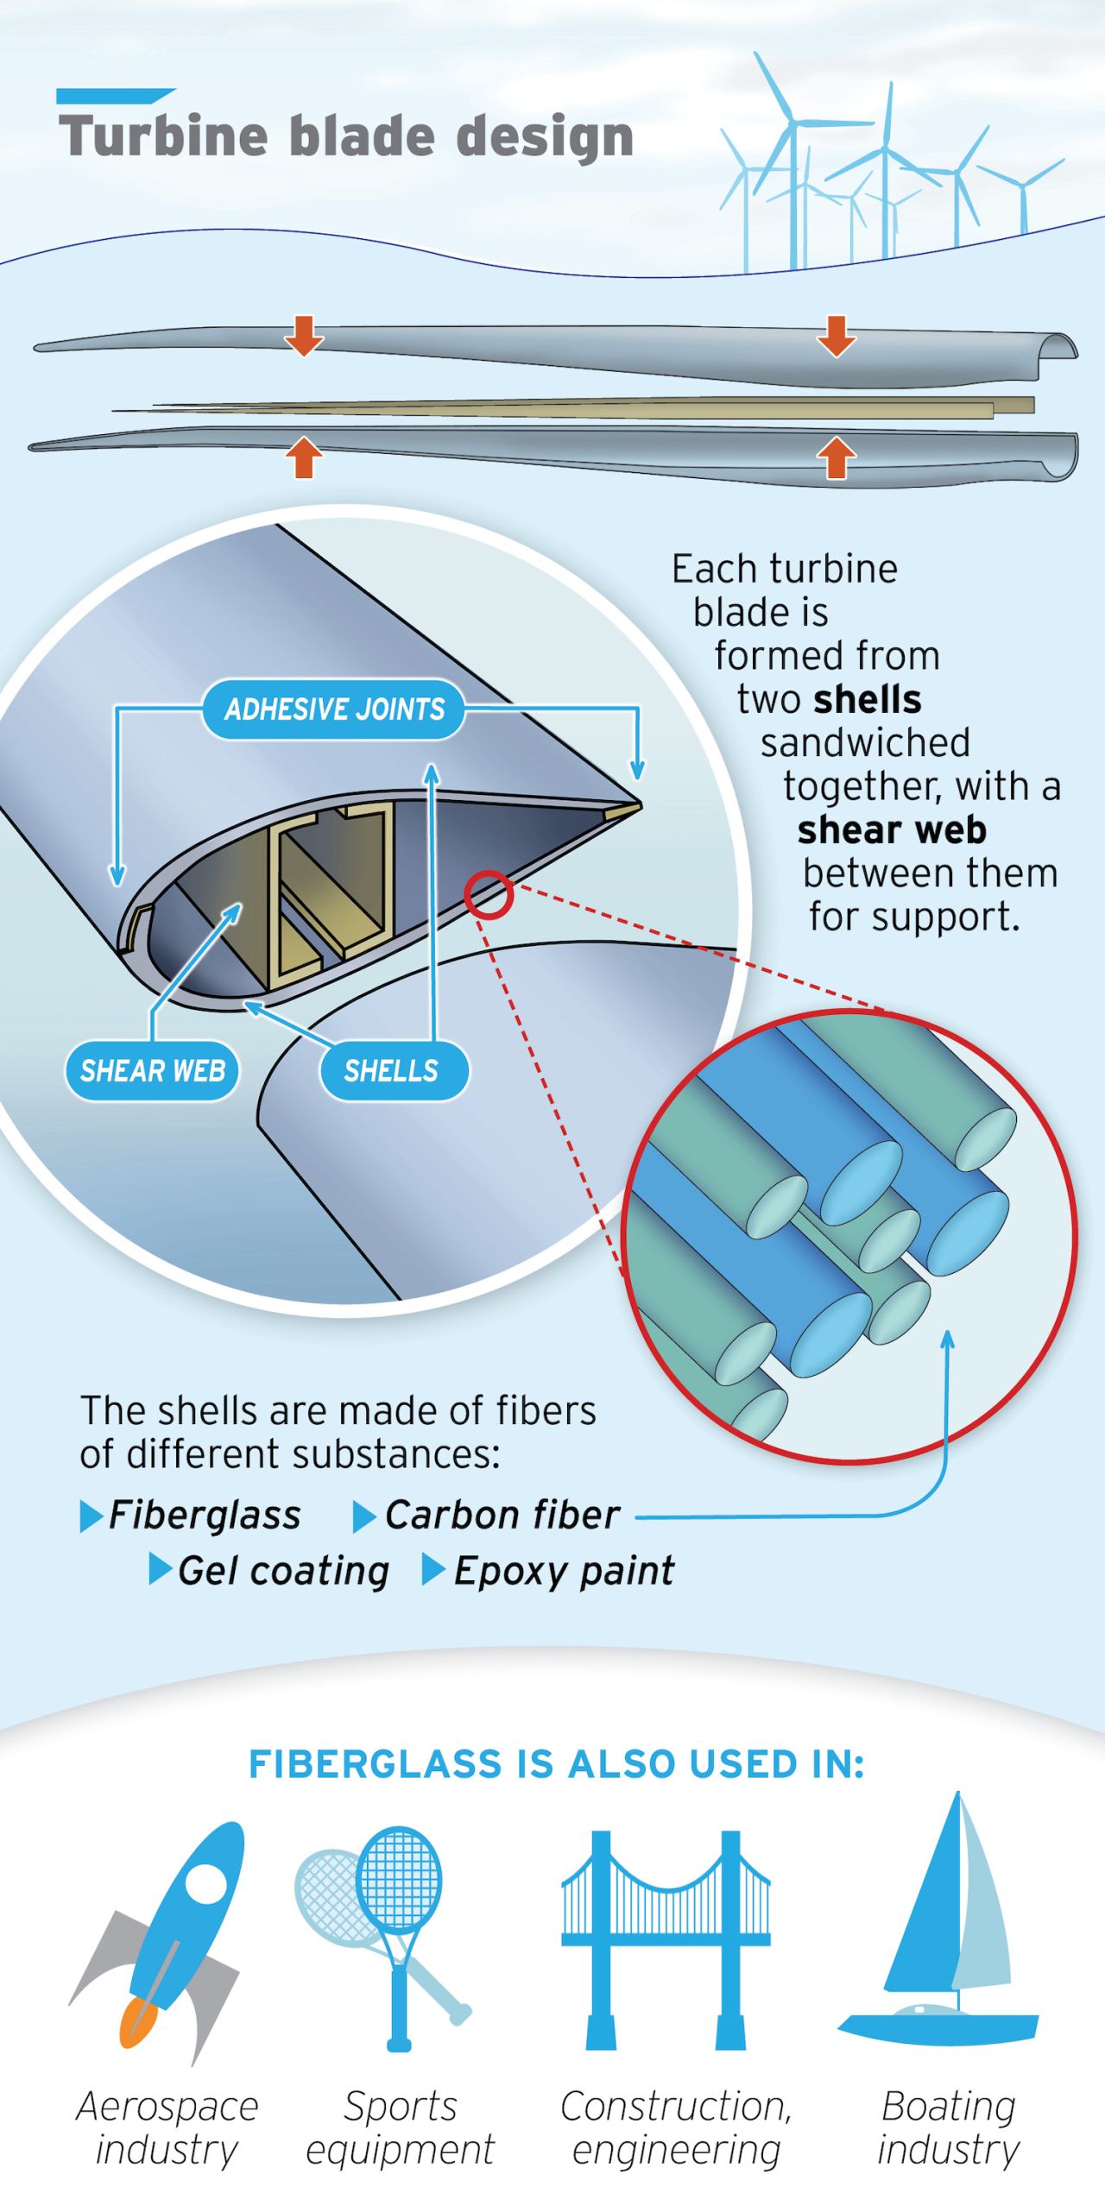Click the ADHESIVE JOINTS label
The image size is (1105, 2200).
pos(334,709)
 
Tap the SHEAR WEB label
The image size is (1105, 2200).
pos(152,1071)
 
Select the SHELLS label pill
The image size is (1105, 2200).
pos(394,1071)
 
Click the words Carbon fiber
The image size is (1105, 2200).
pos(502,1516)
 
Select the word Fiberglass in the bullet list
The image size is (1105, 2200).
pos(205,1516)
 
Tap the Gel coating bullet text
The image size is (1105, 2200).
pos(283,1571)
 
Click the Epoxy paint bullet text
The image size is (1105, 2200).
pos(564,1571)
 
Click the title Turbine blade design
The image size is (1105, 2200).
pos(346,136)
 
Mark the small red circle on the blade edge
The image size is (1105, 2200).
pos(489,894)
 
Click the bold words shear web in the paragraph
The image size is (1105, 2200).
pos(892,830)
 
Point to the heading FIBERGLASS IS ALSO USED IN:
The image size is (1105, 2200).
pos(557,1764)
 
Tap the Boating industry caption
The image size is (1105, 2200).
pos(948,2128)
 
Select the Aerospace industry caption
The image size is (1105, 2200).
pos(167,2128)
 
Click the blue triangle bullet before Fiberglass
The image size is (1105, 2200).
pos(91,1516)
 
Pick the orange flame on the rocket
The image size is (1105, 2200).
pos(138,2022)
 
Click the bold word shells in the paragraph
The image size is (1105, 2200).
pos(867,700)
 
